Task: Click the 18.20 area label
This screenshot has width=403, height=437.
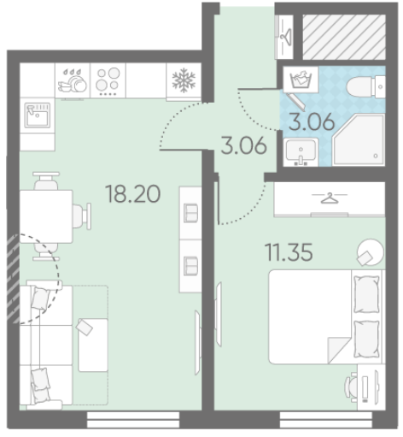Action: tap(133, 194)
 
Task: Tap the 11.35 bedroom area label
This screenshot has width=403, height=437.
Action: tap(289, 252)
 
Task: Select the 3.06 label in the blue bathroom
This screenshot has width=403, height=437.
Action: tap(312, 121)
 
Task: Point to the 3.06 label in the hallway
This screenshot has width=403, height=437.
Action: tap(244, 145)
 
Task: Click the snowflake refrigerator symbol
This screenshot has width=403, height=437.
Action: tap(184, 80)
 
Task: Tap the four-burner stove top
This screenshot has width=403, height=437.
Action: tap(108, 80)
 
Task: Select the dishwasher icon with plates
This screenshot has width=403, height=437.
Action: tap(73, 80)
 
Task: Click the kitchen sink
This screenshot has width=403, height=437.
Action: tap(38, 115)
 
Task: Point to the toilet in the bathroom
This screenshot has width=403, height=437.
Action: tap(366, 86)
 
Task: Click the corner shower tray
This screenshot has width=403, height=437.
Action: tap(359, 139)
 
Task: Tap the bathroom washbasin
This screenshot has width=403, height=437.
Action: tap(301, 152)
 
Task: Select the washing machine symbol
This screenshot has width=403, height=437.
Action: tap(301, 80)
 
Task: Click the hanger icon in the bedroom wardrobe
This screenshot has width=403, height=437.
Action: tap(330, 198)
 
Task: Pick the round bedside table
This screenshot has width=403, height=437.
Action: tap(371, 252)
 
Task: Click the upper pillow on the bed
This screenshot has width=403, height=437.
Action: tap(366, 294)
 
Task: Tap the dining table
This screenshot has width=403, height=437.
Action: tap(46, 216)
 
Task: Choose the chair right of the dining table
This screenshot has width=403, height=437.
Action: tap(82, 216)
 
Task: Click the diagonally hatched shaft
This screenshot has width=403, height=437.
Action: tap(344, 37)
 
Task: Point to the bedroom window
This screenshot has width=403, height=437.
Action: tap(326, 420)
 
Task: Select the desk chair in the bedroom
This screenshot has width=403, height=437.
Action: tap(351, 387)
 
